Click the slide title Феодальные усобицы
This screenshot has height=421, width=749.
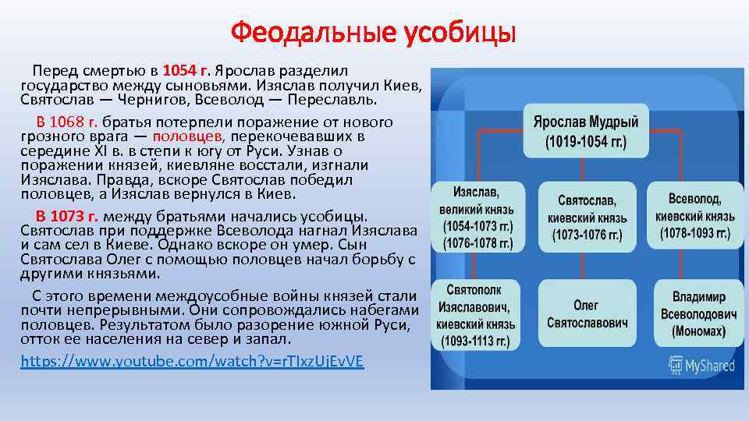pyautogui.click(x=374, y=33)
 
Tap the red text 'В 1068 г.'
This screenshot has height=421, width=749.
pyautogui.click(x=66, y=122)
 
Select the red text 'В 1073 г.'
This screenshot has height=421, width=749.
pyautogui.click(x=66, y=216)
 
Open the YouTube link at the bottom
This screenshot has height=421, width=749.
pyautogui.click(x=191, y=362)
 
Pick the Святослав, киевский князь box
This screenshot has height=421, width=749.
pyautogui.click(x=586, y=217)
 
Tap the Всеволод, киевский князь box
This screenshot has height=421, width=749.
pyautogui.click(x=694, y=217)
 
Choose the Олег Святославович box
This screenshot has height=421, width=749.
pyautogui.click(x=586, y=313)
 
